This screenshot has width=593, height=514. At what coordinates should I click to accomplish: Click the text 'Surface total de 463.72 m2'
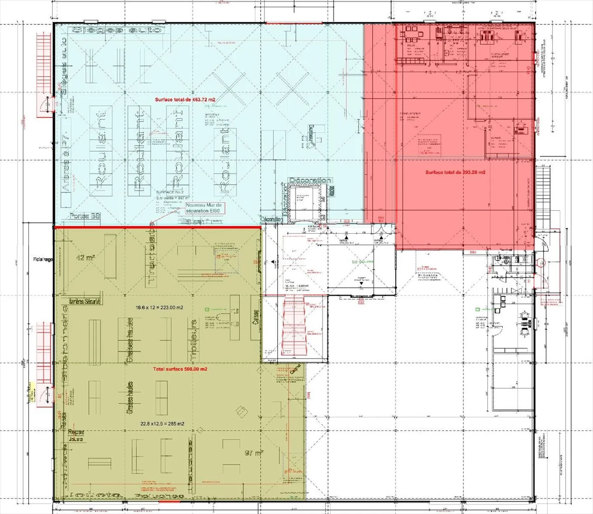point(185,100)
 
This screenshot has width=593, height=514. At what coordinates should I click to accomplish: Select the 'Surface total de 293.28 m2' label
point(455,172)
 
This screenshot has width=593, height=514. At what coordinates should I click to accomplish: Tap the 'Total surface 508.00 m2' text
point(180,369)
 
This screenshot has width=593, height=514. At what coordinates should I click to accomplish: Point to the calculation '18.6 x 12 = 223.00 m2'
point(159,308)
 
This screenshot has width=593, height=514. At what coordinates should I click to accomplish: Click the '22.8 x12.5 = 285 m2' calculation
point(162,424)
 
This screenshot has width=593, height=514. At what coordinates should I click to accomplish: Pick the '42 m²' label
point(86,257)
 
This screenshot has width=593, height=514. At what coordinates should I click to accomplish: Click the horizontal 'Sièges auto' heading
point(118,30)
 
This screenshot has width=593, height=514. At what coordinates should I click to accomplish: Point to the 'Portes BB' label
point(85,216)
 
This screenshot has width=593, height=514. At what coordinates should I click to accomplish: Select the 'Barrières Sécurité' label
point(84,301)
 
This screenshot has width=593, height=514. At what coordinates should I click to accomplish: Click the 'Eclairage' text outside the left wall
point(43,259)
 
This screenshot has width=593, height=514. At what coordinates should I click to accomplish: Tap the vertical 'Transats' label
point(151,264)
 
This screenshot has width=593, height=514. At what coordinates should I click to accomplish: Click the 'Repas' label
point(76,432)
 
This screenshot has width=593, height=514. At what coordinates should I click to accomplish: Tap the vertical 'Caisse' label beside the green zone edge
point(255,317)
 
